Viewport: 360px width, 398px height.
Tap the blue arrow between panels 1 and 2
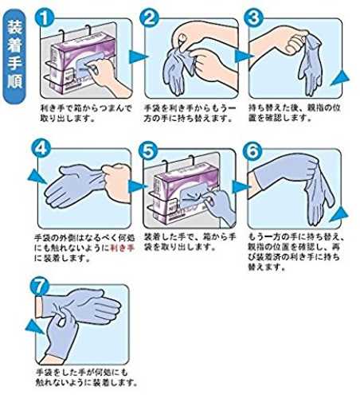click(138, 57)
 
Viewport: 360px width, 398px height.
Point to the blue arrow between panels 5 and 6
click(241, 187)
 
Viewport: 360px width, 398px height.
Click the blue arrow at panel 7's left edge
click(34, 327)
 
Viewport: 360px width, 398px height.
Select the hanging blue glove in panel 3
click(311, 64)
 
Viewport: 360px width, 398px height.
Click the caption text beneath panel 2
click(190, 113)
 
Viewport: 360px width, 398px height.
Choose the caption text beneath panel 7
click(87, 377)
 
